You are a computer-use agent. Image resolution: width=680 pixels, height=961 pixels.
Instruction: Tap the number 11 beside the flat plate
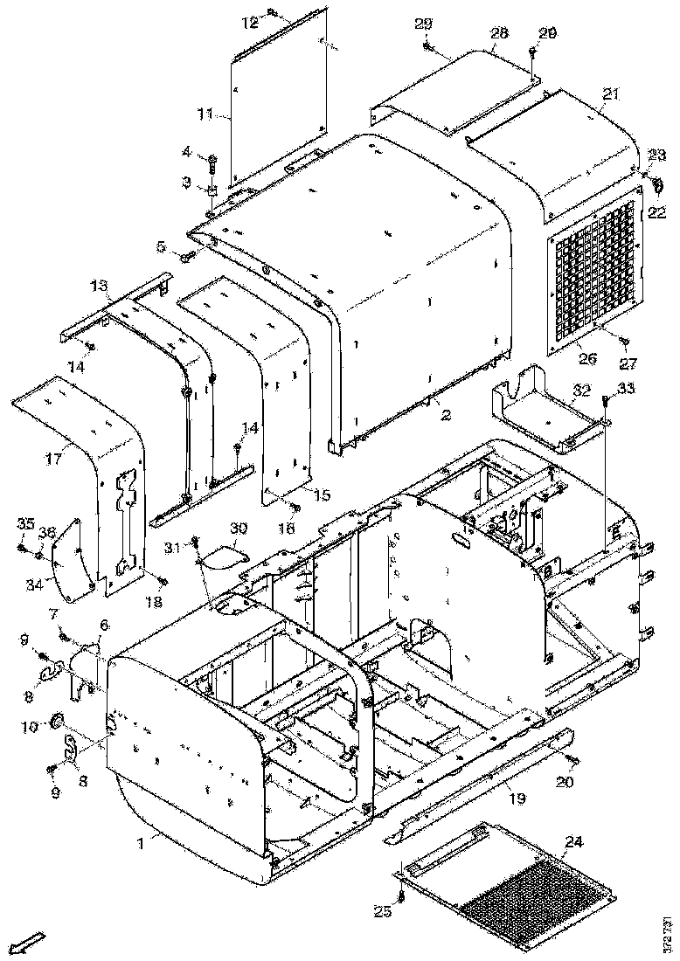[204, 114]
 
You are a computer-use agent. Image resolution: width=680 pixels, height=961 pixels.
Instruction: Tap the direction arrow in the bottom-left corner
[32, 942]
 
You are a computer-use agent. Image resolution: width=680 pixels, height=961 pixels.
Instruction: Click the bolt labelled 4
[212, 160]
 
